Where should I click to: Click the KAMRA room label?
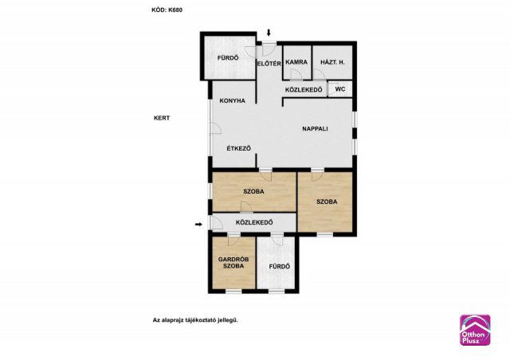pyautogui.click(x=296, y=62)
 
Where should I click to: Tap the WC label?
pyautogui.click(x=340, y=88)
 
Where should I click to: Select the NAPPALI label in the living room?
pyautogui.click(x=315, y=128)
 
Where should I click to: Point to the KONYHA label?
pyautogui.click(x=232, y=101)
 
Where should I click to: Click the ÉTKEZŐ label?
pyautogui.click(x=239, y=148)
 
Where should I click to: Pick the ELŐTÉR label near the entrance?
pyautogui.click(x=269, y=64)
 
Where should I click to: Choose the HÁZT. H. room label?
pyautogui.click(x=332, y=62)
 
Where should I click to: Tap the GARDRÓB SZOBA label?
pyautogui.click(x=233, y=263)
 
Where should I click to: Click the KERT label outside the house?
pyautogui.click(x=162, y=118)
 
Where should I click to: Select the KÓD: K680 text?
pyautogui.click(x=167, y=10)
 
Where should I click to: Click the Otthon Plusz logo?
pyautogui.click(x=475, y=330)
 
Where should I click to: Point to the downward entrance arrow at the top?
pyautogui.click(x=269, y=32)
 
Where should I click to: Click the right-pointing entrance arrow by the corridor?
pyautogui.click(x=198, y=224)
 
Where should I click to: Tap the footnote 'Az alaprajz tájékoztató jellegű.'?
pyautogui.click(x=195, y=320)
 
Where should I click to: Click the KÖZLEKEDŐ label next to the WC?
pyautogui.click(x=304, y=89)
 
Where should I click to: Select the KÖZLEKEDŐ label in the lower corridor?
pyautogui.click(x=254, y=222)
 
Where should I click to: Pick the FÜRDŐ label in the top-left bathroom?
pyautogui.click(x=228, y=58)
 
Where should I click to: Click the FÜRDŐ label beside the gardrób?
pyautogui.click(x=280, y=266)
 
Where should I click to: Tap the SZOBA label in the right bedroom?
pyautogui.click(x=327, y=202)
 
